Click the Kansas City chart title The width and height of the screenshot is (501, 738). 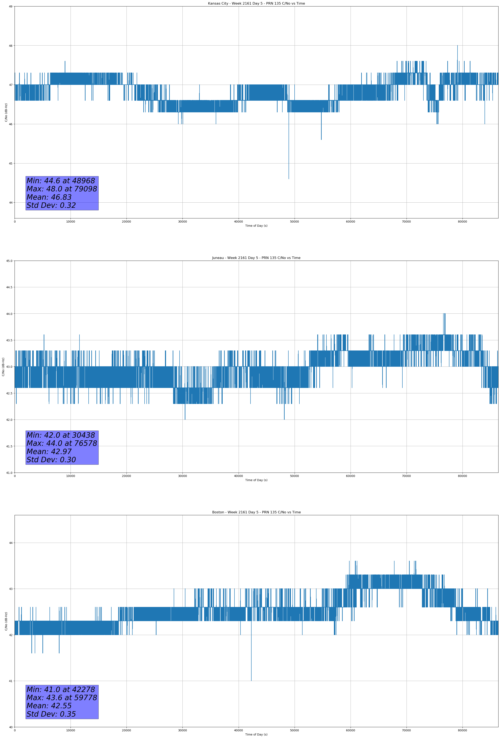[256, 4]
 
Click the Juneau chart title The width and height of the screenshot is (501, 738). [256, 258]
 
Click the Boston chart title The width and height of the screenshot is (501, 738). [256, 512]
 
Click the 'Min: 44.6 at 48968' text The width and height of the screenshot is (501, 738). [61, 181]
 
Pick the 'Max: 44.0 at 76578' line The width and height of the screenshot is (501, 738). [62, 443]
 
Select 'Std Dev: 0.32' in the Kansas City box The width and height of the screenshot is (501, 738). [51, 206]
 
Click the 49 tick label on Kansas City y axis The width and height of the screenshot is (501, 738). [10, 6]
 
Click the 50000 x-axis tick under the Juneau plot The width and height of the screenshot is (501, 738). [294, 476]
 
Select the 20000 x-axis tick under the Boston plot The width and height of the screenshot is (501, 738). [126, 730]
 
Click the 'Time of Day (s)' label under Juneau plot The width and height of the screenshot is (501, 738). [256, 480]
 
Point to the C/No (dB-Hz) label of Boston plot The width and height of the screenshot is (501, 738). [6, 621]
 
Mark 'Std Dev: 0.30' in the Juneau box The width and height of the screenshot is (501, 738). [51, 460]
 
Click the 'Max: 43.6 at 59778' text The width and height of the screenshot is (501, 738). [62, 697]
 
